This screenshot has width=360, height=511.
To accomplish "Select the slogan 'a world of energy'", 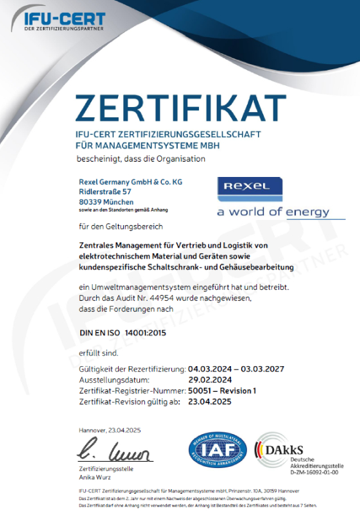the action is click(x=273, y=212).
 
